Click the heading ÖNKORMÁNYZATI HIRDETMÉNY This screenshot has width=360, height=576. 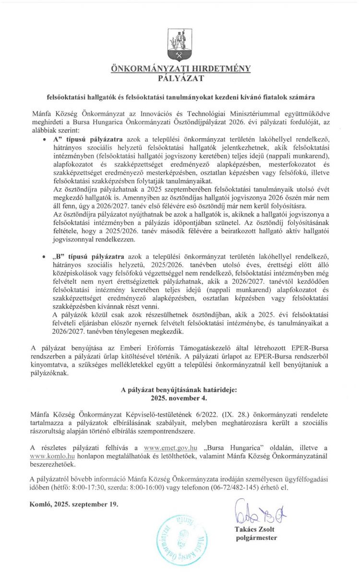(x=180, y=69)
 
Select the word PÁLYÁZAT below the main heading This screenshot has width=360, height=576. (x=180, y=77)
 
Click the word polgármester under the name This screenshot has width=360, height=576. (x=257, y=538)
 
